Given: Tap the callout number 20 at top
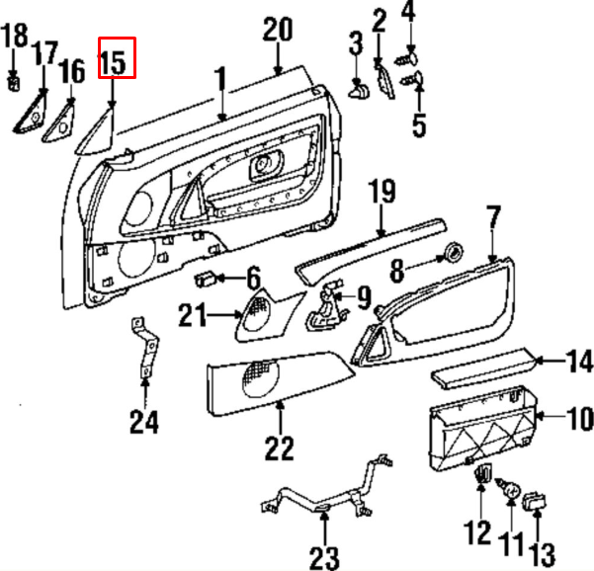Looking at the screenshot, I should [x=277, y=29].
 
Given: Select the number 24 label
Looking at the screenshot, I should [x=144, y=423].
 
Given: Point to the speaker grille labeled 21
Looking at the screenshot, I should [x=260, y=313].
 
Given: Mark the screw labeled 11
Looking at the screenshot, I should [x=512, y=488].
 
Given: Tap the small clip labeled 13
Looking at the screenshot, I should [x=537, y=501].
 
